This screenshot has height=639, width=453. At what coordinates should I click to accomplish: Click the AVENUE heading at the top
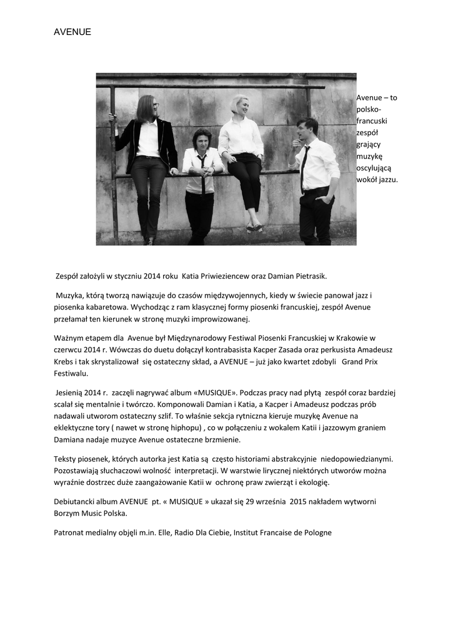click(72, 32)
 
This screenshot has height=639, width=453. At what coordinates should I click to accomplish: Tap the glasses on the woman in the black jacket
click(151, 105)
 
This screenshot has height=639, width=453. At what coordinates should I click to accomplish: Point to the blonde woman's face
click(241, 105)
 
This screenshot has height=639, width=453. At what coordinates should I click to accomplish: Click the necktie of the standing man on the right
click(304, 167)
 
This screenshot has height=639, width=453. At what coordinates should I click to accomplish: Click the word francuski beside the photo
click(371, 121)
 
